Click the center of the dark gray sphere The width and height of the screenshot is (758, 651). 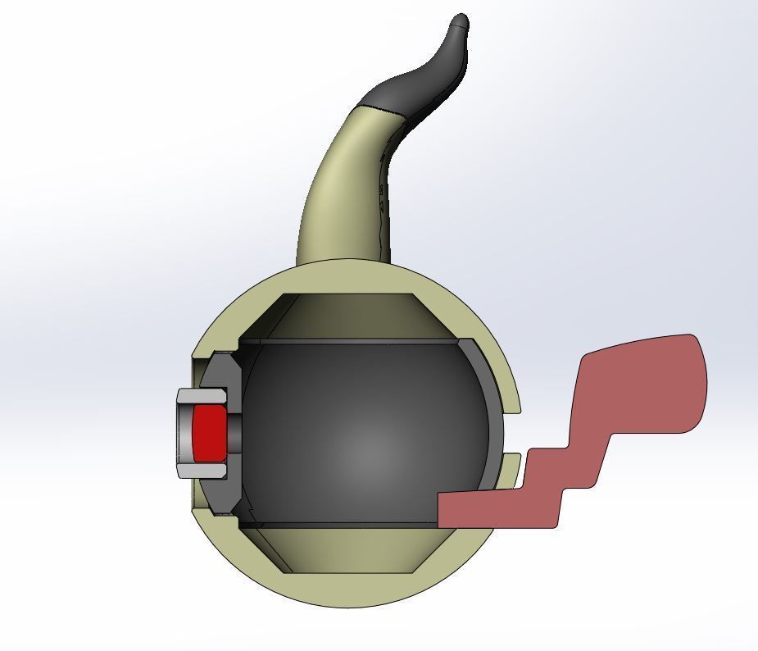click(365, 435)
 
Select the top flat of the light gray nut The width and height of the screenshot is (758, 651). click(202, 396)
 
